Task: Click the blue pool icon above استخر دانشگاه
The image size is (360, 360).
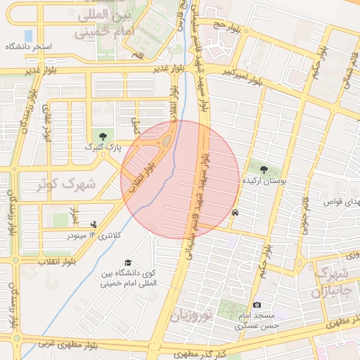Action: tap(28, 34)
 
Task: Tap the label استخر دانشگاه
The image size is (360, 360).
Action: tap(28, 46)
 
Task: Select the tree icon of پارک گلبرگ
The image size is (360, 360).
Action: tap(104, 135)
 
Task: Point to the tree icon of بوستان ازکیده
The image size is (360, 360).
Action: tap(264, 169)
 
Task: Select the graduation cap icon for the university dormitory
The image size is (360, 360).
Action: tap(127, 262)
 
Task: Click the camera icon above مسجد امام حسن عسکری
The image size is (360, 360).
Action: tap(257, 304)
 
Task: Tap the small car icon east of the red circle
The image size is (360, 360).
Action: tap(235, 213)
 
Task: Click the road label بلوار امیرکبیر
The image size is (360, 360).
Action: tap(243, 76)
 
